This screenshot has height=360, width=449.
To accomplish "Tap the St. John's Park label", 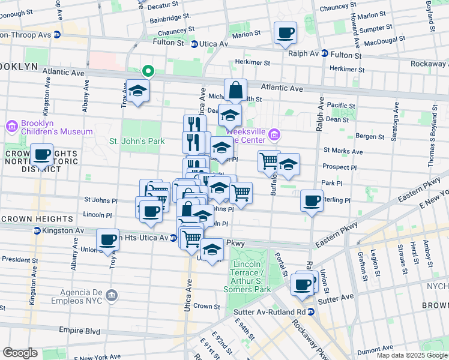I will click(136, 142).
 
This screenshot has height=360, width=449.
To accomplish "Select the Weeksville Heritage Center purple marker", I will click(275, 133).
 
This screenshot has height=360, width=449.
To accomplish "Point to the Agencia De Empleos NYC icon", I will click(112, 295).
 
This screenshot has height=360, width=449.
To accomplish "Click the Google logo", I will click(20, 353).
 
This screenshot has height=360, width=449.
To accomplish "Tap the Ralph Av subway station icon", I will click(324, 53).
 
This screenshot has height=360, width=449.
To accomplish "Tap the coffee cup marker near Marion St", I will click(286, 32).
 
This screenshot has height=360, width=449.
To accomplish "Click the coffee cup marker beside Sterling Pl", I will click(312, 200).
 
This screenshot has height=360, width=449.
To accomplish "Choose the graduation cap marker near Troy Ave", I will click(138, 91).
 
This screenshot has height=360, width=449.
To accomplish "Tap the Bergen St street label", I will click(370, 137).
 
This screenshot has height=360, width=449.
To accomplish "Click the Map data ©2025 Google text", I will click(411, 355).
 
